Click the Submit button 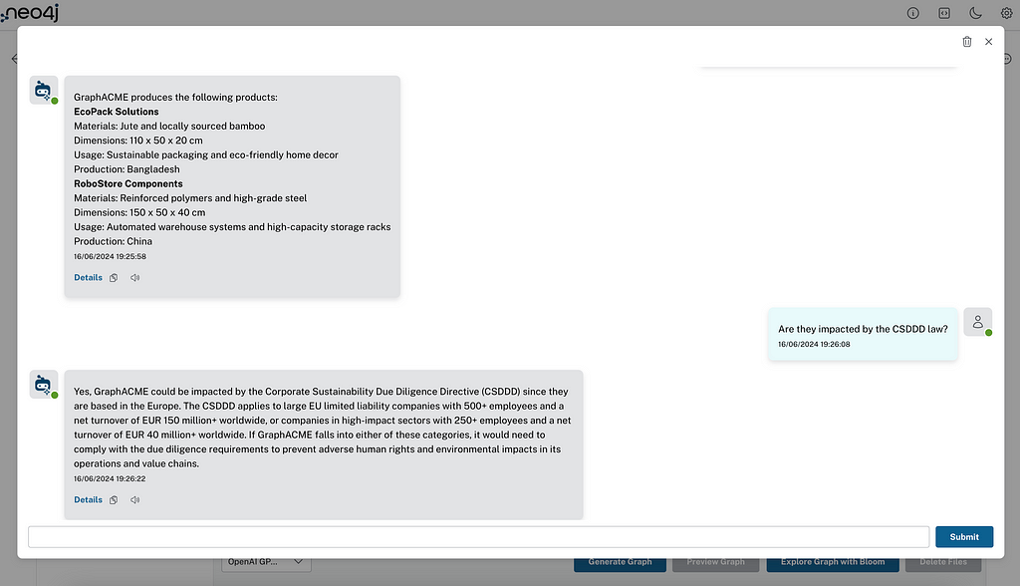tap(963, 536)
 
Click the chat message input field tap(478, 536)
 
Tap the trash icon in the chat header tap(966, 42)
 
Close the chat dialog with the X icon tap(988, 42)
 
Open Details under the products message tap(88, 278)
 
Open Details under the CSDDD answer tap(88, 500)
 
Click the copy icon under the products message tap(114, 278)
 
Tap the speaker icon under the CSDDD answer tap(134, 500)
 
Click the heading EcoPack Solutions tap(116, 112)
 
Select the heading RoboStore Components tap(127, 183)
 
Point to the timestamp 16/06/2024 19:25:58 tap(110, 256)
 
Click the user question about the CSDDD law tap(863, 329)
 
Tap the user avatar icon tap(977, 322)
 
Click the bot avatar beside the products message tap(43, 91)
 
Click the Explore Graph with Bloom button tap(832, 562)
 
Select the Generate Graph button tap(620, 562)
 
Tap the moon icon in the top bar tap(974, 13)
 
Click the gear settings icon tap(1005, 13)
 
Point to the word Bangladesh tap(153, 169)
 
